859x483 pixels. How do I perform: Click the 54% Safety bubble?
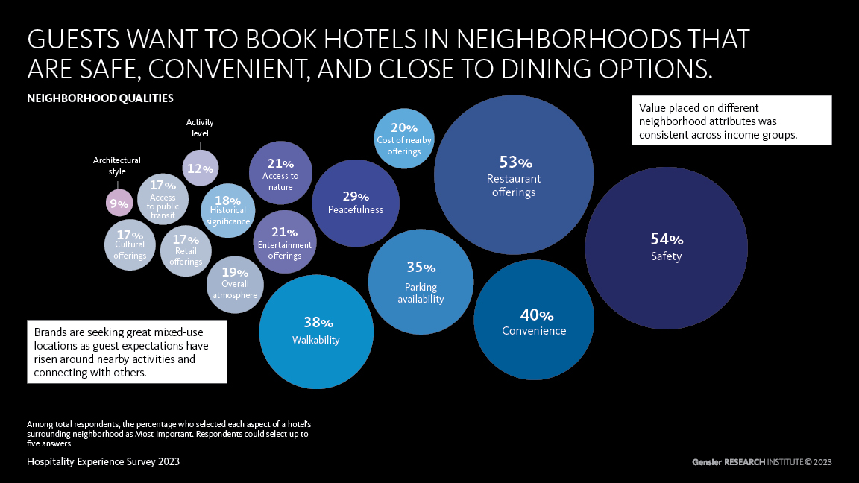pyautogui.click(x=666, y=247)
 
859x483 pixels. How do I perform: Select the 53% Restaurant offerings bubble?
pyautogui.click(x=514, y=175)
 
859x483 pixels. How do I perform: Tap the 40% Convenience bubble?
pyautogui.click(x=534, y=321)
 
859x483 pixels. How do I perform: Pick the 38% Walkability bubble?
pyautogui.click(x=316, y=332)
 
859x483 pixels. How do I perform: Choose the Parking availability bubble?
pyautogui.click(x=421, y=281)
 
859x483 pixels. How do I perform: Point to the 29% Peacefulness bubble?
pyautogui.click(x=356, y=203)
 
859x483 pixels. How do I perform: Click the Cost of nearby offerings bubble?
pyautogui.click(x=403, y=138)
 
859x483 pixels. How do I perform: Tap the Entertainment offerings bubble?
pyautogui.click(x=284, y=241)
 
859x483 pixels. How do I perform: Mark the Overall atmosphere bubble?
pyautogui.click(x=235, y=284)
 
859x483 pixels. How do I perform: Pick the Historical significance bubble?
pyautogui.click(x=227, y=210)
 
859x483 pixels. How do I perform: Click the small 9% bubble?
pyautogui.click(x=119, y=202)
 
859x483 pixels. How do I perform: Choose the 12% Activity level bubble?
pyautogui.click(x=201, y=168)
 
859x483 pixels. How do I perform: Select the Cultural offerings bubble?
pyautogui.click(x=130, y=244)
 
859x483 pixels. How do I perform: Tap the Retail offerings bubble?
pyautogui.click(x=186, y=250)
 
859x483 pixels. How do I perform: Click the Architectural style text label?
pyautogui.click(x=116, y=165)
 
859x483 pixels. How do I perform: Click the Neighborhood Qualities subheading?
pyautogui.click(x=100, y=98)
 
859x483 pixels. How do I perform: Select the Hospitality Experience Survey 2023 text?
pyautogui.click(x=103, y=461)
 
